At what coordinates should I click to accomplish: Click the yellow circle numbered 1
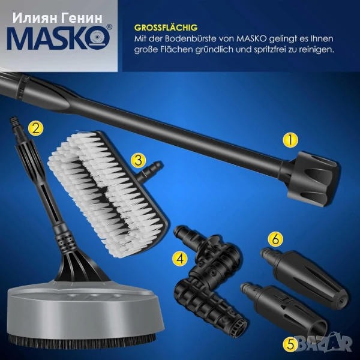(290, 140)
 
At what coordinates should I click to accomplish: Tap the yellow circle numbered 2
(36, 128)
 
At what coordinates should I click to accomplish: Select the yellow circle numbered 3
(138, 160)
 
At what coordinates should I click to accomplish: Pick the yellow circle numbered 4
(180, 259)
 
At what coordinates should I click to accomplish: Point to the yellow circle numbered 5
(290, 344)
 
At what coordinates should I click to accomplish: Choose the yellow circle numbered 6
(275, 239)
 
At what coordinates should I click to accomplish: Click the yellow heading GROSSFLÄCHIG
(166, 28)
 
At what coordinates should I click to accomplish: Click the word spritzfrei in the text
(269, 50)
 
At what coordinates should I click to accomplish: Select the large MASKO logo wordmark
(59, 37)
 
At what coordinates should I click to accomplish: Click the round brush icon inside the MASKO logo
(100, 37)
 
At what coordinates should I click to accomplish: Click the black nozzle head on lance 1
(313, 178)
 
